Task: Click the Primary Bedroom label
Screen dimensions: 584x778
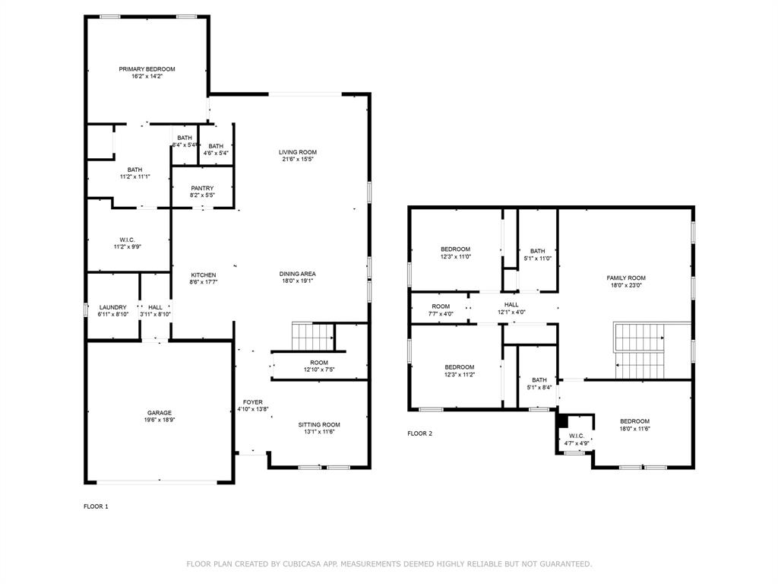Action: tap(147, 69)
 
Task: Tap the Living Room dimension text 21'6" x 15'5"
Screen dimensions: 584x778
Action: tap(298, 160)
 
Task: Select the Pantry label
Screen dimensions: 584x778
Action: tap(202, 188)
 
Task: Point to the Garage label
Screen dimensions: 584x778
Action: tap(160, 413)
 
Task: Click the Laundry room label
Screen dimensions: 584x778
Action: tap(112, 307)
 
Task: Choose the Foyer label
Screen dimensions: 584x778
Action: tap(253, 402)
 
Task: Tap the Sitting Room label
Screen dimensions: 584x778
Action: tap(319, 424)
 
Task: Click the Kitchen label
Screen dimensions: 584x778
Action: tap(203, 275)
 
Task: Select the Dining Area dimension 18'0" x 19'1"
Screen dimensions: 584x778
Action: tap(298, 281)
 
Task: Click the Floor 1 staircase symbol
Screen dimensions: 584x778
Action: tap(313, 334)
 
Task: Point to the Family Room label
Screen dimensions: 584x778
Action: tap(626, 278)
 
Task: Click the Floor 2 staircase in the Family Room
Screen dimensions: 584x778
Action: tap(640, 350)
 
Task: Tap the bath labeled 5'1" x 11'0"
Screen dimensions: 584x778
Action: tap(538, 258)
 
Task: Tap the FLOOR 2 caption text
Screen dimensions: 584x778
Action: tap(419, 433)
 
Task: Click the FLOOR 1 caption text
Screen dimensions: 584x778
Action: tap(96, 506)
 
